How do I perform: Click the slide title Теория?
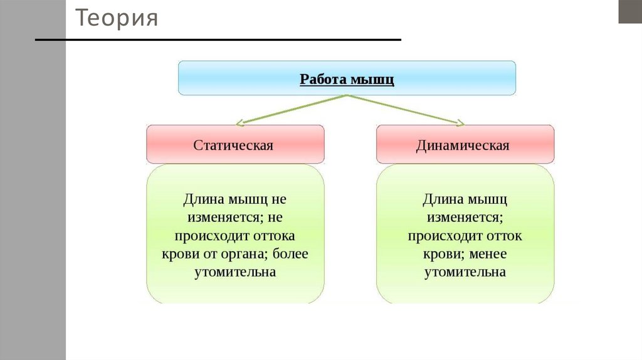(117, 19)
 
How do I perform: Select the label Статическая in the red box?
(233, 146)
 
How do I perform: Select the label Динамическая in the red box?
(463, 146)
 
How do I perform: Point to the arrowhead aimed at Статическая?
(241, 122)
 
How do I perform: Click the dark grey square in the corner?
(630, 11)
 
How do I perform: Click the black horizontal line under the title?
(218, 40)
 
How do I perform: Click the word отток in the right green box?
(503, 236)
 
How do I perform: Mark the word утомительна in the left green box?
(234, 273)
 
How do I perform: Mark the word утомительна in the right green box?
(465, 273)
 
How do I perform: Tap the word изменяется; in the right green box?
(465, 218)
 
